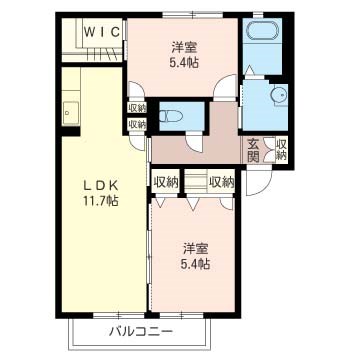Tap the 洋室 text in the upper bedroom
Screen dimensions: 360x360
(x=182, y=47)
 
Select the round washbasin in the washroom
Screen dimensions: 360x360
(x=277, y=96)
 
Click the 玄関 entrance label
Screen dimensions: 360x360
(x=254, y=151)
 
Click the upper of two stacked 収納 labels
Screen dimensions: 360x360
(x=136, y=108)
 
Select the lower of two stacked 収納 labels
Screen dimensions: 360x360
(x=136, y=124)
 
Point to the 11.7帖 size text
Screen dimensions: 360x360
(x=96, y=201)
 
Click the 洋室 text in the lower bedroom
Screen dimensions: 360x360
(x=196, y=246)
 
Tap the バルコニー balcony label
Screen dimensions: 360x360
(x=141, y=331)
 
